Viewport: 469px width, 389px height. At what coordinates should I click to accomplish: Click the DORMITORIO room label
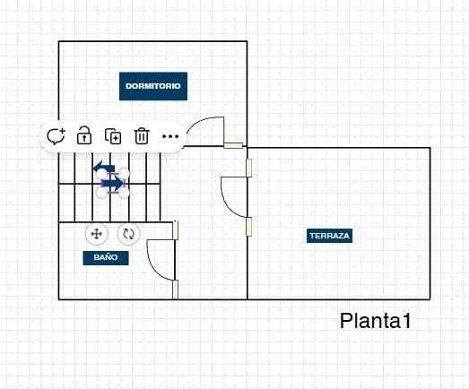153,86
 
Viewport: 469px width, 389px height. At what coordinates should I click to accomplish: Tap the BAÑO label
106,258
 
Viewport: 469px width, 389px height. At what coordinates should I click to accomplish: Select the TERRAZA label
329,236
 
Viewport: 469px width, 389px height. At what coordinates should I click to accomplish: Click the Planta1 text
375,321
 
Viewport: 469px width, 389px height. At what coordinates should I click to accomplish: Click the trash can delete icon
142,136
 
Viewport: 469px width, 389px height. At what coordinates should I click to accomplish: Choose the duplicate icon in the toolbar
113,136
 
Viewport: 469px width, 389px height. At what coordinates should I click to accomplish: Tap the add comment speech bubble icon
56,136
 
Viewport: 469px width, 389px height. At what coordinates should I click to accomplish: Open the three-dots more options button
170,136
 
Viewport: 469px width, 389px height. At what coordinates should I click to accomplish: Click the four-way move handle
96,234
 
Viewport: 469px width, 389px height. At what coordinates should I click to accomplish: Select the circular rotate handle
128,234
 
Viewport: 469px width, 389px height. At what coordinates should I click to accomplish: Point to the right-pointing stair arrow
112,184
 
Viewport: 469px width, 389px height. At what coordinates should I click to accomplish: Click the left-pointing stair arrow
104,166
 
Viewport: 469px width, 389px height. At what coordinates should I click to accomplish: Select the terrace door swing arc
227,203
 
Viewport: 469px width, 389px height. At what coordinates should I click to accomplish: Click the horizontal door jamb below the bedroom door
233,145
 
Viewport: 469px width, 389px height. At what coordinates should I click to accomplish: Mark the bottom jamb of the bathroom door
175,290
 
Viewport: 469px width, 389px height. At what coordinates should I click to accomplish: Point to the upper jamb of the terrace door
249,168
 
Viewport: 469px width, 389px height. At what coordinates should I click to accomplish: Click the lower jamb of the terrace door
249,227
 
